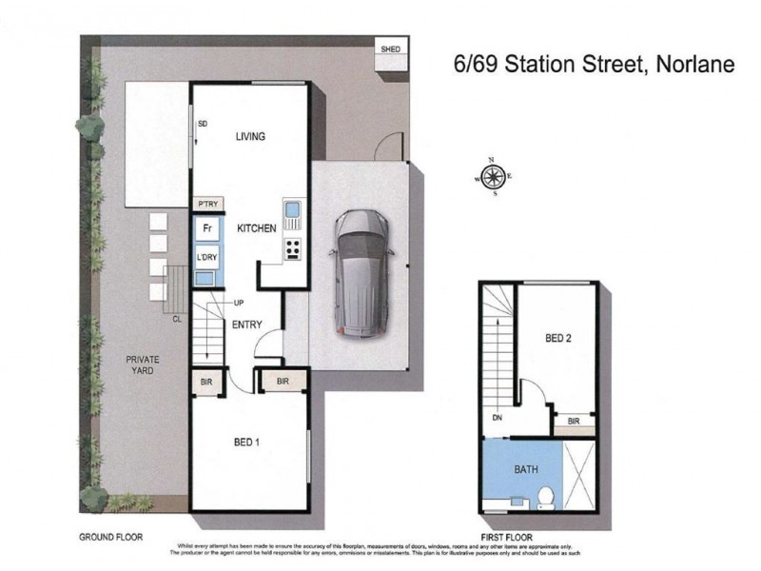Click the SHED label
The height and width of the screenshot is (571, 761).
(390, 49)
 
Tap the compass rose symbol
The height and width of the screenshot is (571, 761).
(493, 177)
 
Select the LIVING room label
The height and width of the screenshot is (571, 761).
(250, 137)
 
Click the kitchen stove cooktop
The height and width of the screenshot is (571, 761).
(293, 249)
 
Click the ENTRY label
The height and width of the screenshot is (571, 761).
(246, 325)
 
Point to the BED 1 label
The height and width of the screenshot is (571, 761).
(248, 442)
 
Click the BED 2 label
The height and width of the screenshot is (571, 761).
(558, 338)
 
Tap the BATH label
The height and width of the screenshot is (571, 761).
(526, 468)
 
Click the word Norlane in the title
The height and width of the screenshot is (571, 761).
(689, 66)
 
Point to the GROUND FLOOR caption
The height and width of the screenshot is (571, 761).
(110, 538)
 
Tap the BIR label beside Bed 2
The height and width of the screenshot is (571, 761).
(574, 421)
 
